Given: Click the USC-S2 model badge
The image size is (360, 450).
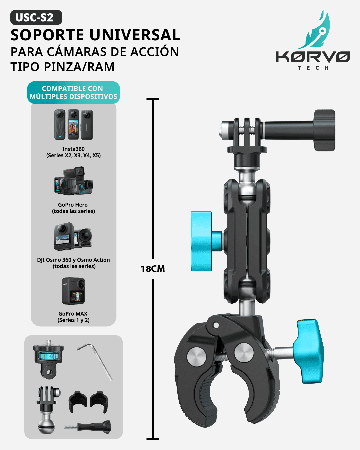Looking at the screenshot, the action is (36, 17).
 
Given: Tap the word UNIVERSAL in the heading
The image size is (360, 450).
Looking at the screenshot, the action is (135, 35).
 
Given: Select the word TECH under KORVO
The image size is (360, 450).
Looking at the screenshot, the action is (313, 68).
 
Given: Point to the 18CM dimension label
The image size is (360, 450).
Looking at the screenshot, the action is (153, 269).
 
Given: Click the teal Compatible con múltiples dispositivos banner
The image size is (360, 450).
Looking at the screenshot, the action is (73, 92).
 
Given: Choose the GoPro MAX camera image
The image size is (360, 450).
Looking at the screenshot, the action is (73, 291).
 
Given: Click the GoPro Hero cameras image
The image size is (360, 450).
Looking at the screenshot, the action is (73, 181).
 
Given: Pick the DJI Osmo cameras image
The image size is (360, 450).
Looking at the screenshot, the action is (73, 236).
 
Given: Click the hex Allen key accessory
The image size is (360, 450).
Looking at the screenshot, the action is (95, 361).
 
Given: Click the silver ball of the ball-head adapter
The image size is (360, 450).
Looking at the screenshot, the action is (47, 425).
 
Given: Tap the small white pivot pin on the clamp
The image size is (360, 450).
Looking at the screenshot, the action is (216, 325).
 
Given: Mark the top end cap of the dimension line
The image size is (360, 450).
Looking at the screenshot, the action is (153, 99).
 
